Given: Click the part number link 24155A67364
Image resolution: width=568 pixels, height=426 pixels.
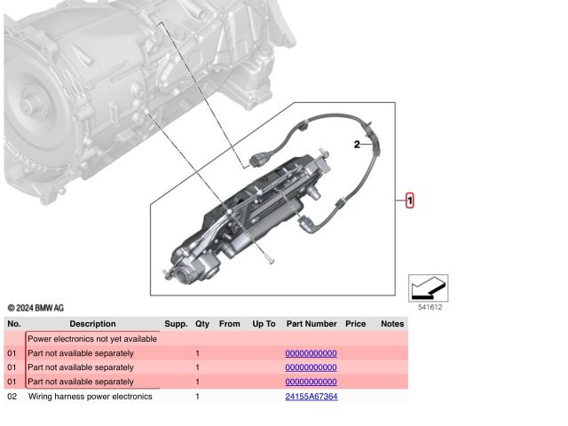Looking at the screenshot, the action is [x=312, y=397].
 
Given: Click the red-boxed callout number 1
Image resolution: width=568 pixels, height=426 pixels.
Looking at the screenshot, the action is [x=409, y=201].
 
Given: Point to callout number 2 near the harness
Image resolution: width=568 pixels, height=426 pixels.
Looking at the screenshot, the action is [x=357, y=145].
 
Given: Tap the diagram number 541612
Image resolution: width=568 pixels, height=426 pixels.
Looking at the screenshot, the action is [x=430, y=307].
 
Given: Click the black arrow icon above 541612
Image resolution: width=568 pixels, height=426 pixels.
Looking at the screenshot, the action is [x=428, y=288].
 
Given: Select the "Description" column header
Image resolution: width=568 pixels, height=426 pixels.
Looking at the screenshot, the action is [x=92, y=324].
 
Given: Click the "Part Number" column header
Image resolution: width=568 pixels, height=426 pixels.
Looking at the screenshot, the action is [x=312, y=324].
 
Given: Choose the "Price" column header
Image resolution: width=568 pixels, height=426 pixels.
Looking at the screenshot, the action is [x=355, y=324].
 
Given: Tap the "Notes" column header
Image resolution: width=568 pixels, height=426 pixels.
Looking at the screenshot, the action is [x=392, y=324].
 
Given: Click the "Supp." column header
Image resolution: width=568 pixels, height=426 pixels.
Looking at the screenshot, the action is [x=176, y=324].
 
